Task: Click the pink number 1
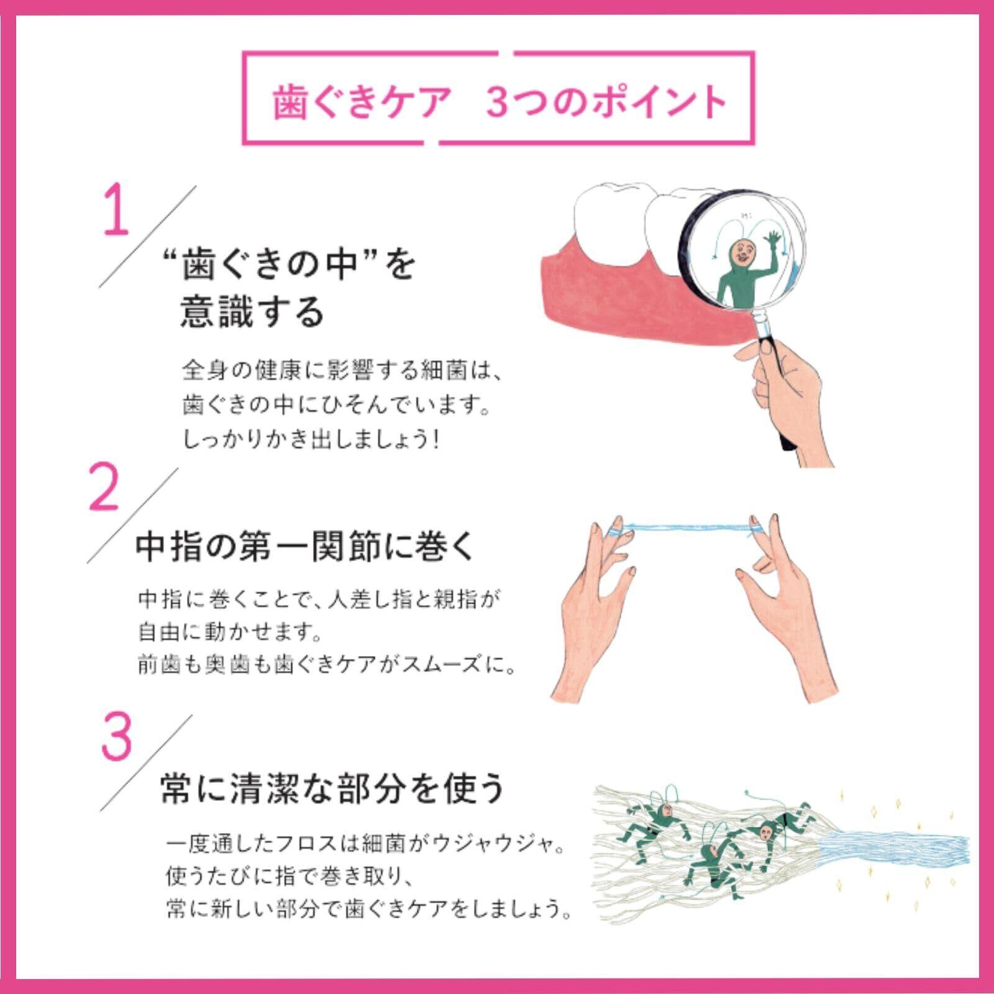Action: [x=116, y=209]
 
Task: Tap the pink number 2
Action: [x=104, y=485]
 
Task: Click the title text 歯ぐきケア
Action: [x=360, y=102]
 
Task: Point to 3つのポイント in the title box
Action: [x=606, y=101]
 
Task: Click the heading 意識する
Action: [x=252, y=311]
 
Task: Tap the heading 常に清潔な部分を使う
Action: [x=333, y=788]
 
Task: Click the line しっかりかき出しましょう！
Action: [x=311, y=440]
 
